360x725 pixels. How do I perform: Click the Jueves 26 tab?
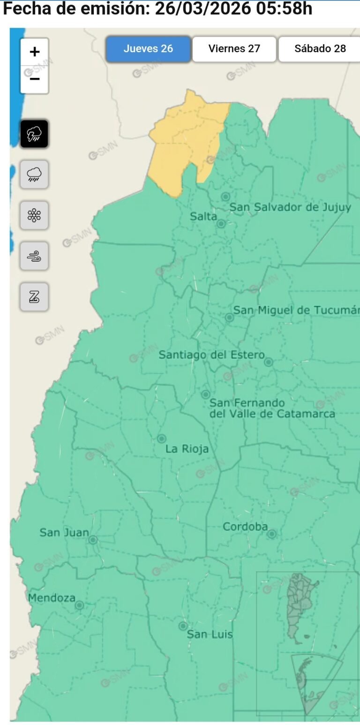[148, 49]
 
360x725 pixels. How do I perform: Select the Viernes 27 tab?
[234, 49]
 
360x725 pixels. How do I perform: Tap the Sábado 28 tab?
[320, 49]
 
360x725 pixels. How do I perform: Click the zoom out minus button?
[34, 79]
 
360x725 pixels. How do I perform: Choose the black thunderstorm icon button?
[34, 134]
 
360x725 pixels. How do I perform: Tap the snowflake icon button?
[34, 215]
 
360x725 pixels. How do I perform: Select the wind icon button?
[34, 256]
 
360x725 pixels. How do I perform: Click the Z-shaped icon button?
[34, 297]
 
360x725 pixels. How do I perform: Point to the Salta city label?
[203, 216]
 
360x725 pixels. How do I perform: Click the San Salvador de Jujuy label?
[290, 207]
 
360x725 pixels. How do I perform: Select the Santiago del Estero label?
[211, 355]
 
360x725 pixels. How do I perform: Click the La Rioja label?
[187, 449]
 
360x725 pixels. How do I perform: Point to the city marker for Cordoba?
[272, 534]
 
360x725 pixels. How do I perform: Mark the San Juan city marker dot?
[93, 540]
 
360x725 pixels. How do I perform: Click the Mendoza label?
[52, 598]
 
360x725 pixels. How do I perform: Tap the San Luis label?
[210, 634]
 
